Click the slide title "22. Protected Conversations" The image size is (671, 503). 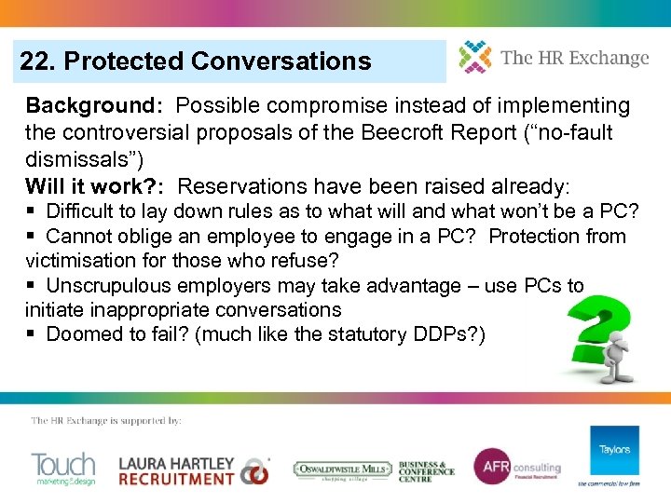pyautogui.click(x=196, y=61)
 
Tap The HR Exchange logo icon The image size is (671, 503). pyautogui.click(x=474, y=58)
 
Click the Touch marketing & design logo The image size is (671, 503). pyautogui.click(x=62, y=468)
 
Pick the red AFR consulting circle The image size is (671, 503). pyautogui.click(x=491, y=467)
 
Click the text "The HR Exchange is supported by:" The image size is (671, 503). pyautogui.click(x=106, y=421)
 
